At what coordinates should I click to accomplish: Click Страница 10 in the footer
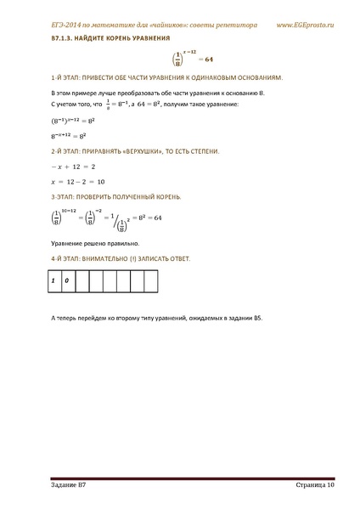click(x=310, y=484)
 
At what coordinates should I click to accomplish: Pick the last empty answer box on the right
click(x=149, y=280)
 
